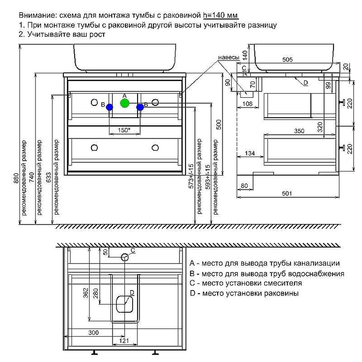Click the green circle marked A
coord(125,103)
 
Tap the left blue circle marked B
coord(110,107)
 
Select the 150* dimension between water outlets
coord(124,130)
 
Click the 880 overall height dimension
coord(16,178)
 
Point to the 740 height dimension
coord(32,177)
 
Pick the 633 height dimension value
coord(49,177)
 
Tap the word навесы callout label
coord(229,57)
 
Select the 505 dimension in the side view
coord(287,60)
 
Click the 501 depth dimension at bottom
coord(287,193)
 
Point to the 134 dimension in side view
coord(250,153)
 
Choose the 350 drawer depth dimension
coord(299,131)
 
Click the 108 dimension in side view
coord(247,104)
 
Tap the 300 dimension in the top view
coord(94,333)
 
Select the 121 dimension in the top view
coord(124,341)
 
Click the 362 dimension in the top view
coord(86,293)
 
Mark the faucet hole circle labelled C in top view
coord(125,257)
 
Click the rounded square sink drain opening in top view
coord(124,304)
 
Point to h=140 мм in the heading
coord(220,15)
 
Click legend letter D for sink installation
coord(192,293)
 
